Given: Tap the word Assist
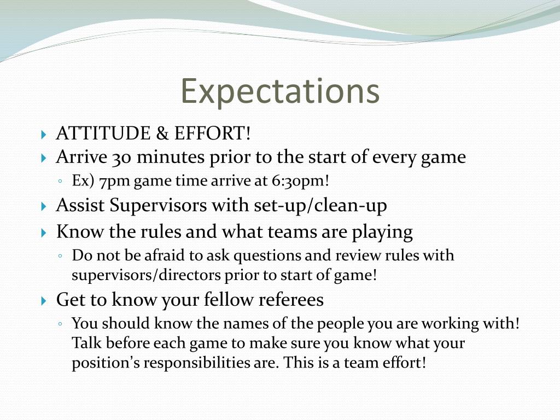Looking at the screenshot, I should pyautogui.click(x=80, y=206).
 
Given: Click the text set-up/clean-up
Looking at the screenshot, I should pyautogui.click(x=320, y=206).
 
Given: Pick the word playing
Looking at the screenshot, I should pyautogui.click(x=382, y=232).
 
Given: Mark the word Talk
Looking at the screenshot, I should pyautogui.click(x=86, y=343).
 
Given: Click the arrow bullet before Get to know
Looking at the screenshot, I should pyautogui.click(x=44, y=300).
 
